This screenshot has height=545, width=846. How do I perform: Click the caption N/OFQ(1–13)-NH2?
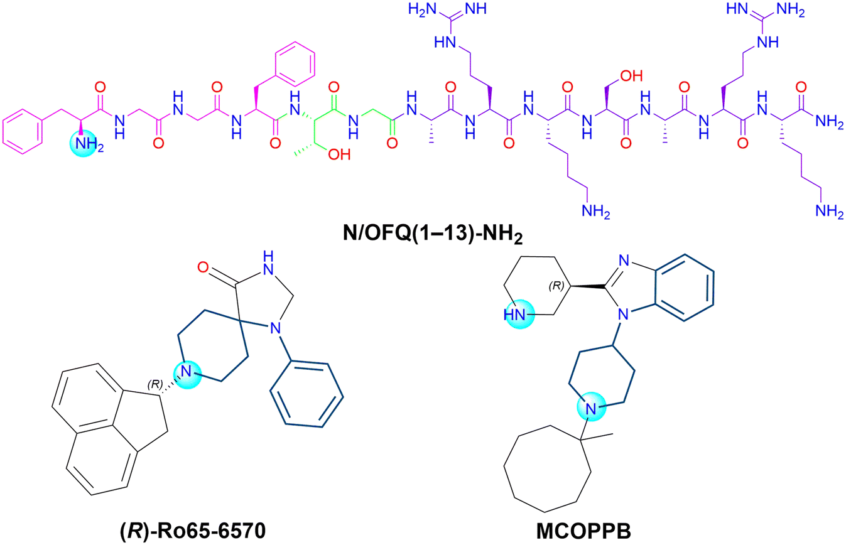click(x=433, y=234)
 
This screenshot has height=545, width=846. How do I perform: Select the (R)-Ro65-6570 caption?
click(x=193, y=531)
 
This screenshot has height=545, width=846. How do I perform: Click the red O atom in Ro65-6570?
click(x=203, y=267)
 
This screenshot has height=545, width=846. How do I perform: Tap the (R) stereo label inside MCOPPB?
click(x=556, y=286)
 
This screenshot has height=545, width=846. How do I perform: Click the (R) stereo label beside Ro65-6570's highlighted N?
click(x=155, y=384)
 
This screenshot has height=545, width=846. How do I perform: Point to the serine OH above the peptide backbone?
click(x=631, y=76)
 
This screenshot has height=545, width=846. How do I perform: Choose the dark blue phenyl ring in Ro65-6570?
click(x=306, y=394)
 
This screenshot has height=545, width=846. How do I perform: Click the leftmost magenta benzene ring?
click(x=22, y=131)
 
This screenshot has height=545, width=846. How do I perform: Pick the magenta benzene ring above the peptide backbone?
click(x=295, y=65)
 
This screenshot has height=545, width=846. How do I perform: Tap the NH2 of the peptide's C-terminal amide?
click(x=829, y=122)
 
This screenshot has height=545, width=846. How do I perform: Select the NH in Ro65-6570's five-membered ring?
click(x=268, y=264)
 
